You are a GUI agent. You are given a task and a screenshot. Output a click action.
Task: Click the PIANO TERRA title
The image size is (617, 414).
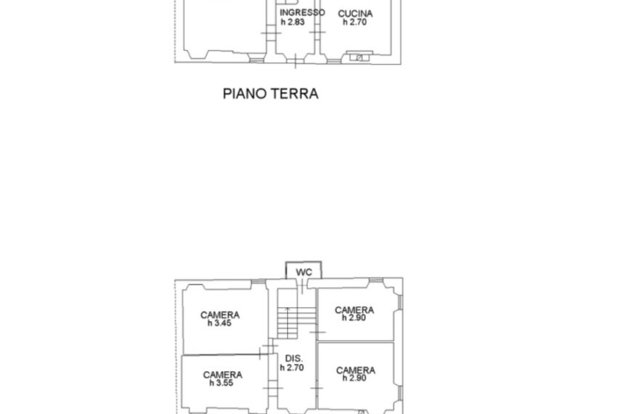270,94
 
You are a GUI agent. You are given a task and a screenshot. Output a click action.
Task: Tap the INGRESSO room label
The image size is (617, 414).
302,12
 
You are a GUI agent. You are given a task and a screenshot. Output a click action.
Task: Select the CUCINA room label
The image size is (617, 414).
356,14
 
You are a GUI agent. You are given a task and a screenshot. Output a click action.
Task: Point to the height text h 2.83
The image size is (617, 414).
293,22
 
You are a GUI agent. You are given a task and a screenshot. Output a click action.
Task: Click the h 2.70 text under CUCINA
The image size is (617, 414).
354,22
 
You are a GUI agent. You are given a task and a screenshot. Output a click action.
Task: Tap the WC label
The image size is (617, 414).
303,272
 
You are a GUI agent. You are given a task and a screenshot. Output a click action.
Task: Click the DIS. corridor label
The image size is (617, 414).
294,359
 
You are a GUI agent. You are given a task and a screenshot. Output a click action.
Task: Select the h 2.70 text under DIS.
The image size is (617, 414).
292,368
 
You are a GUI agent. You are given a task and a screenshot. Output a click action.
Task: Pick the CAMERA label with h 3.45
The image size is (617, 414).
220,314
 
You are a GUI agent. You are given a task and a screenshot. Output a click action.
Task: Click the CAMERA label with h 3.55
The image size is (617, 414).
223,375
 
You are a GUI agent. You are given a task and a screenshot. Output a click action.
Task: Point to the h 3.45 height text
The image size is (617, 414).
219,323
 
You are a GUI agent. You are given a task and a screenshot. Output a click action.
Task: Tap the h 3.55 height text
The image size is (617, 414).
221,383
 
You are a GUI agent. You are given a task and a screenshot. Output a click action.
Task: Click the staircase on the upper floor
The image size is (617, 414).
296,314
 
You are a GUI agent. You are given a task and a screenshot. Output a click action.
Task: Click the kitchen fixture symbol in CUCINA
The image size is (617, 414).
359,57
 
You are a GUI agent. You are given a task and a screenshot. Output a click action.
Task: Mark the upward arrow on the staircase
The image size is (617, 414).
287,322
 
